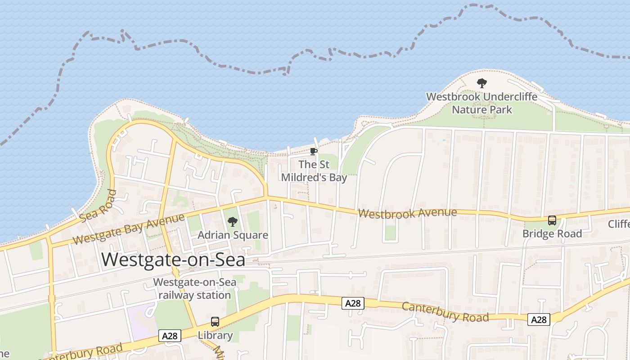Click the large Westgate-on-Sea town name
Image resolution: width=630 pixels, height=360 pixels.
tap(173, 260)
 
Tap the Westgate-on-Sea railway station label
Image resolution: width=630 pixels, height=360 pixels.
tap(194, 289)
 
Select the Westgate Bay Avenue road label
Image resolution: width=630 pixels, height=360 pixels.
tap(128, 229)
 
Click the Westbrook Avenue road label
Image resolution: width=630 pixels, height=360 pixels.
tap(407, 212)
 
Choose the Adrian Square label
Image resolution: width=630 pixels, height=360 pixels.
tap(233, 235)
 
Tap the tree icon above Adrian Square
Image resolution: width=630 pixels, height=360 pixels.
tap(232, 221)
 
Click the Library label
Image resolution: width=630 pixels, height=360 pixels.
tap(215, 335)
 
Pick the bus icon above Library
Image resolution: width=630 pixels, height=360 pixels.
tap(215, 322)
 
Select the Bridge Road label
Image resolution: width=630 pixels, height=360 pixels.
tap(552, 234)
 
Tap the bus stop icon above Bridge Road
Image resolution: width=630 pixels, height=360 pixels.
tap(552, 220)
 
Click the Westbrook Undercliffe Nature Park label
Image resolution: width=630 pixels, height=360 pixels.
tap(481, 103)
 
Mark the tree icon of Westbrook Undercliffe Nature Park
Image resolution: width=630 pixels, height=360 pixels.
tap(481, 83)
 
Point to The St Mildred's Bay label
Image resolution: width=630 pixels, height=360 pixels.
tap(314, 171)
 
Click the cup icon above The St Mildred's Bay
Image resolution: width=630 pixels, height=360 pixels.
tap(314, 151)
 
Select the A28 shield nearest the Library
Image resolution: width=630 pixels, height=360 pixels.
tap(170, 336)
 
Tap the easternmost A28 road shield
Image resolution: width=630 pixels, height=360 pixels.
tap(539, 319)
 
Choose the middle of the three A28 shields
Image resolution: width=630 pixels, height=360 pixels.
tap(352, 303)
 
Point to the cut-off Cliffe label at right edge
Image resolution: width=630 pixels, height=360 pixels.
tap(619, 224)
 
